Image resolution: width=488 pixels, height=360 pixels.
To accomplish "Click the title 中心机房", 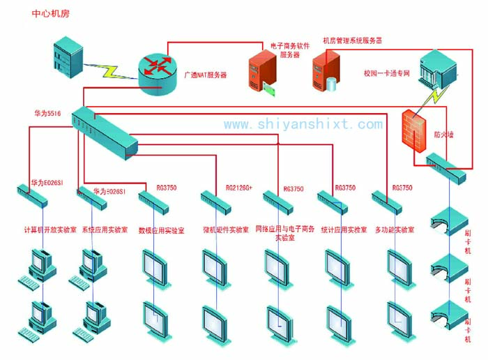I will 50,13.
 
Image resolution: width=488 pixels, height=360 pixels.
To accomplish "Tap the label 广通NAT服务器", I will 204,75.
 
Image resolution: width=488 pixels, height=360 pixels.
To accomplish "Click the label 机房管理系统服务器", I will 352,41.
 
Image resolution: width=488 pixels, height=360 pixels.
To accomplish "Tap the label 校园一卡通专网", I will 386,73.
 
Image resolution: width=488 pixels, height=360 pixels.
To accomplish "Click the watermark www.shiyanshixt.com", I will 303,124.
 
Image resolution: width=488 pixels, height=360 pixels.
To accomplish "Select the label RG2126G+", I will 238,188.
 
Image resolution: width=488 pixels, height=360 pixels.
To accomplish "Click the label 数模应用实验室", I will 161,230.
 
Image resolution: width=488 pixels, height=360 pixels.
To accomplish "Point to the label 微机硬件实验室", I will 225,230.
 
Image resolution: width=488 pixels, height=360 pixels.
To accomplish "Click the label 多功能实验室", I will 395,230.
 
